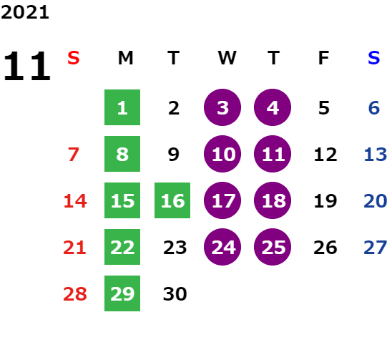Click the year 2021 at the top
(x=25, y=12)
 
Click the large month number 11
(x=27, y=66)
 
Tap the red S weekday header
(x=74, y=58)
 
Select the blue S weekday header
(x=373, y=58)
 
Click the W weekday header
(x=227, y=58)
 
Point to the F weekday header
(x=323, y=58)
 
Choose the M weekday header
(x=125, y=58)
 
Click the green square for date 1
(x=122, y=107)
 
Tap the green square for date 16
(x=172, y=200)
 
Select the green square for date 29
(x=122, y=293)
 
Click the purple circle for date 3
(x=222, y=107)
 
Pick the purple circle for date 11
(x=273, y=154)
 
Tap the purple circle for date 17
(x=222, y=200)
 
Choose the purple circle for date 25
(x=273, y=247)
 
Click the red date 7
(x=74, y=154)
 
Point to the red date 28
(x=75, y=293)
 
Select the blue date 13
(x=376, y=154)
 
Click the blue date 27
(x=376, y=247)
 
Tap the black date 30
(x=175, y=293)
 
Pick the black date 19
(x=325, y=200)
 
